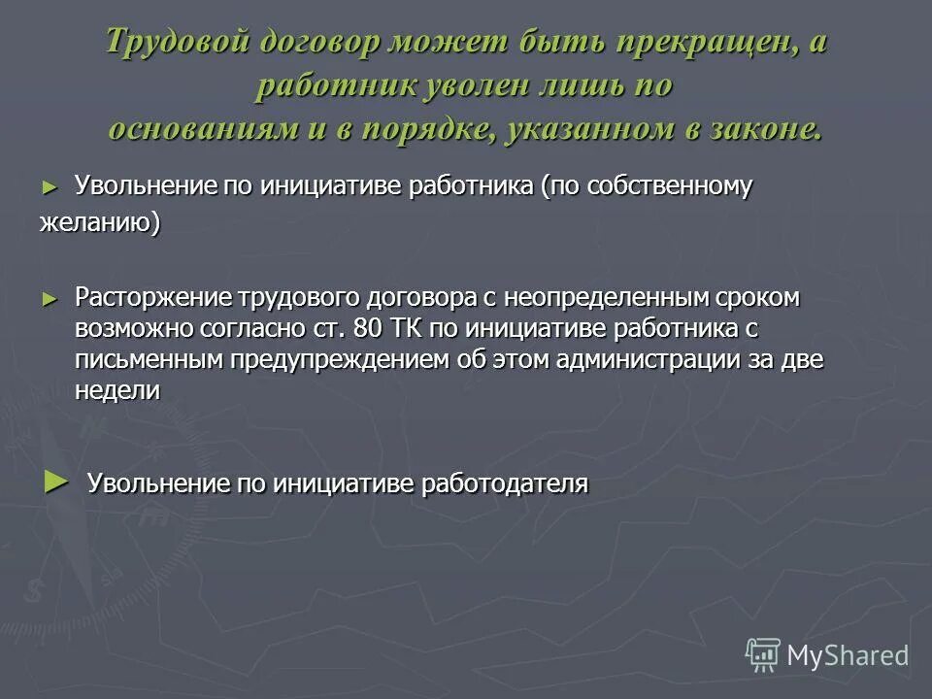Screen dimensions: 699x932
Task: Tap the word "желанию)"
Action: coord(100,222)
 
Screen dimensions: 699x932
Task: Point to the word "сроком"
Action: coord(755,298)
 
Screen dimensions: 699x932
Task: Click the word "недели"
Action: coord(116,390)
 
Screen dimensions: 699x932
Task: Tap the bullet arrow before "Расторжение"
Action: coord(51,298)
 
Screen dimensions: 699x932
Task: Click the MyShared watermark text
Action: coord(847,655)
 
